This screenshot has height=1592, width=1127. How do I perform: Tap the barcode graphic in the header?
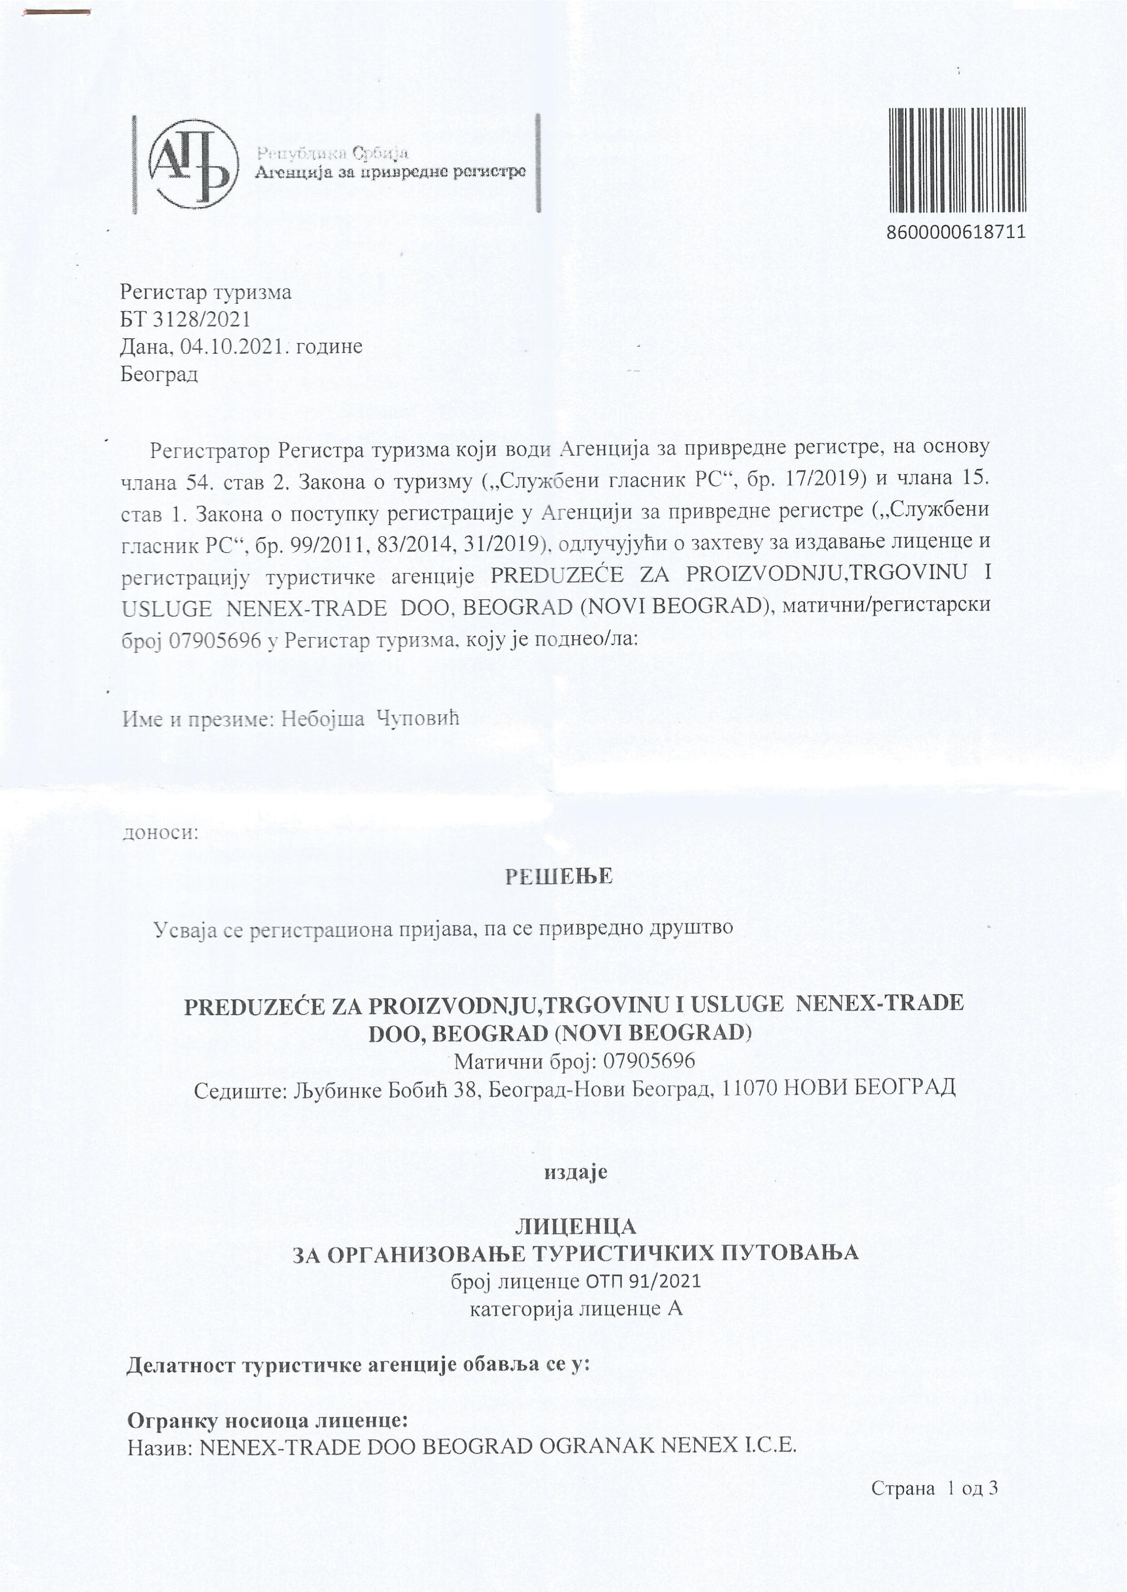pyautogui.click(x=956, y=160)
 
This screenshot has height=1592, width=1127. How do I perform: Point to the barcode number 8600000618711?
pyautogui.click(x=956, y=232)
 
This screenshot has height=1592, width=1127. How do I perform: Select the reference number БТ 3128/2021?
pyautogui.click(x=185, y=319)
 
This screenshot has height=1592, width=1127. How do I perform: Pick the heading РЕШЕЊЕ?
pyautogui.click(x=559, y=877)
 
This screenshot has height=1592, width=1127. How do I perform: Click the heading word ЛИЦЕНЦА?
pyautogui.click(x=575, y=1227)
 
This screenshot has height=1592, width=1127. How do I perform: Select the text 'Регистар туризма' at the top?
pyautogui.click(x=206, y=292)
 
